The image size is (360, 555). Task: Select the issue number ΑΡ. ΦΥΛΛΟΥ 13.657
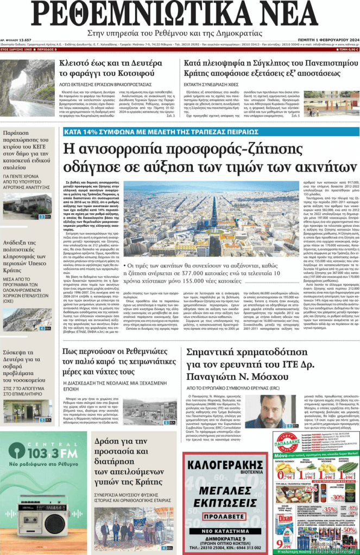coord(15,40)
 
